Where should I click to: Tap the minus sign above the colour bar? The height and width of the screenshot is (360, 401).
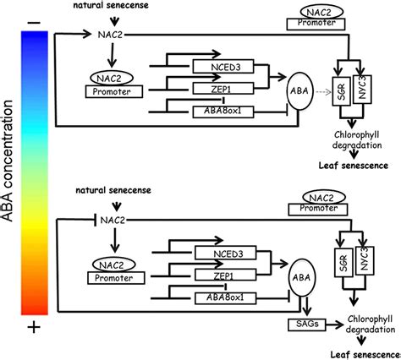pyautogui.click(x=35, y=22)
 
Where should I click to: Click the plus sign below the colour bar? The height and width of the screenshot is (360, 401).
pyautogui.click(x=34, y=327)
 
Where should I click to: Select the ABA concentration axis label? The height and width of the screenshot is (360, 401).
pyautogui.click(x=8, y=161)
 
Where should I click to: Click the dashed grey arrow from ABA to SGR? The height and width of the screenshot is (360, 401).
pyautogui.click(x=323, y=92)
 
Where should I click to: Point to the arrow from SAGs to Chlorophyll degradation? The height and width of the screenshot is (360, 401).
pyautogui.click(x=335, y=325)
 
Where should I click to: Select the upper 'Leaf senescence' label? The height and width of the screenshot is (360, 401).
pyautogui.click(x=354, y=166)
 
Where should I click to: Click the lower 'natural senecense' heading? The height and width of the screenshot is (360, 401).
pyautogui.click(x=113, y=190)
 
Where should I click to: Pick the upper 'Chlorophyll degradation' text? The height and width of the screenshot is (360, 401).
pyautogui.click(x=357, y=140)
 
